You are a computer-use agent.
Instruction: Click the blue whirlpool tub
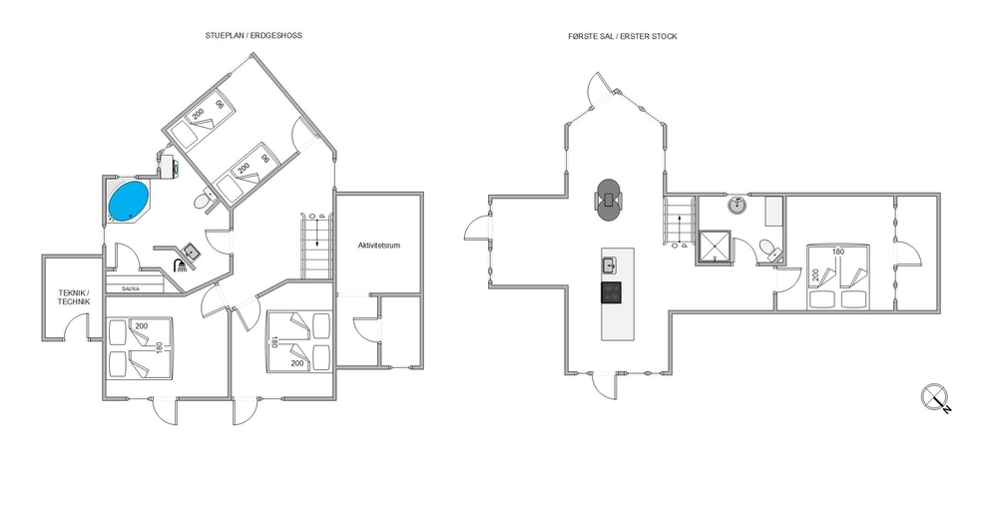pos(129,201)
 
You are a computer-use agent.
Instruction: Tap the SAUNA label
pos(132,288)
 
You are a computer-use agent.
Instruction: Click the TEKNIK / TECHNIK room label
pos(74,297)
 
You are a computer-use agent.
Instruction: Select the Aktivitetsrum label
pos(378,246)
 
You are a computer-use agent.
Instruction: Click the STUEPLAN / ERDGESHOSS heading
pos(253,36)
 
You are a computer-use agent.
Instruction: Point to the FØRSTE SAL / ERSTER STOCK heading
pos(623,36)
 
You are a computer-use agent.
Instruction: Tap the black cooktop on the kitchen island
pos(611,292)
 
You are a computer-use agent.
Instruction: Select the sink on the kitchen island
pos(609,263)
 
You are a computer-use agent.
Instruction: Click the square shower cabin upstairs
pos(716,247)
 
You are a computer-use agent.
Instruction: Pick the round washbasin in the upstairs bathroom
pos(738,206)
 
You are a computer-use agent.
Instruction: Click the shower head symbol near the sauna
pos(180,264)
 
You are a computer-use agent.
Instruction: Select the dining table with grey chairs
pos(610,200)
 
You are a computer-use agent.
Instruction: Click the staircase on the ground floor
pos(316,246)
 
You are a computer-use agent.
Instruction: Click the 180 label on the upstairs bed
pos(838,252)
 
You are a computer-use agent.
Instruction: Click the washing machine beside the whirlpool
pos(170,167)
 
